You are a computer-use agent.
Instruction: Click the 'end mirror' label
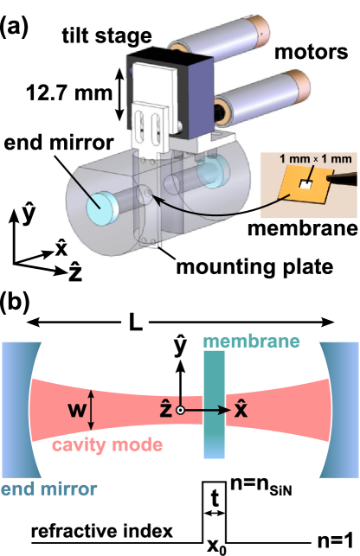(48, 489)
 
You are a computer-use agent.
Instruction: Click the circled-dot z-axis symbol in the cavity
(179, 411)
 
